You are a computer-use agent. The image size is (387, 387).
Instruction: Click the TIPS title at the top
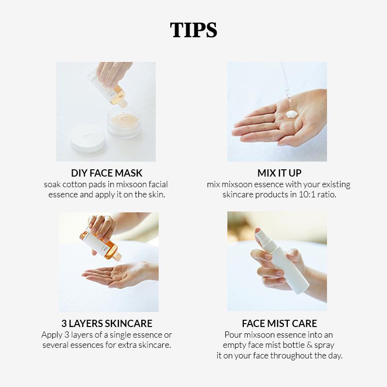[193, 30]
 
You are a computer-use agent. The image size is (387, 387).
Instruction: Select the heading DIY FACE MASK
[106, 173]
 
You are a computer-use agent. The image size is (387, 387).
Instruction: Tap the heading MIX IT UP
[280, 173]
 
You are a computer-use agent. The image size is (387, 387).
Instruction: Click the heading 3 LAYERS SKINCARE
[107, 323]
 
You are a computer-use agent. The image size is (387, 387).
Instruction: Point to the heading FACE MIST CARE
[280, 323]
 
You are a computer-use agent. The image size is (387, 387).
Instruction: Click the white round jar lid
[88, 138]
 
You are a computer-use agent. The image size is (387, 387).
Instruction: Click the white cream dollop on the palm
[291, 114]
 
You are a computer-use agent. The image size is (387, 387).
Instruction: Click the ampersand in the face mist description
[310, 345]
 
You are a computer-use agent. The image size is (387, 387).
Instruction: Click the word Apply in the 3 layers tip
[52, 335]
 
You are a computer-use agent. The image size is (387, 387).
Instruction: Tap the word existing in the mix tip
[336, 185]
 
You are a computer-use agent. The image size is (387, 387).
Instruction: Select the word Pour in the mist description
[233, 335]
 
